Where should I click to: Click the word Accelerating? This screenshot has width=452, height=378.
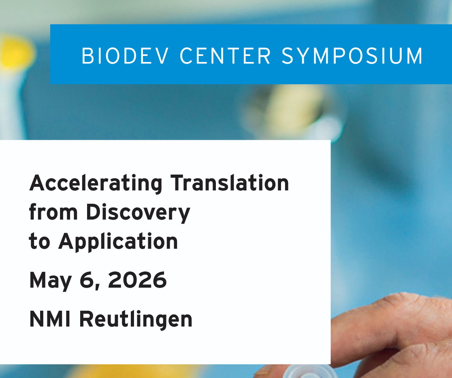tap(96, 184)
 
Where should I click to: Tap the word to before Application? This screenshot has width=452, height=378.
tap(39, 241)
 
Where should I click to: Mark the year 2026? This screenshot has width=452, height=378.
tap(137, 280)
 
